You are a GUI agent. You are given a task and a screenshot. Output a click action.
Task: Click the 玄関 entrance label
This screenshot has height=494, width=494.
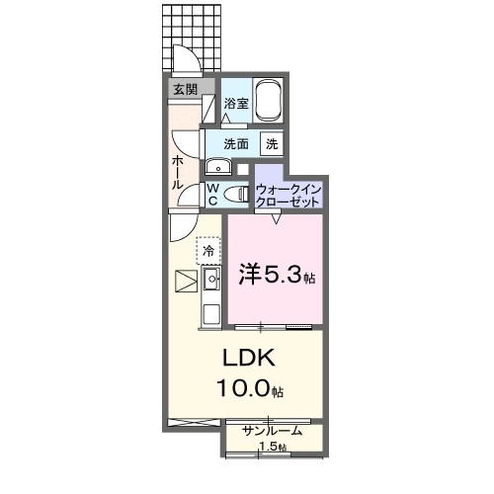point(185,89)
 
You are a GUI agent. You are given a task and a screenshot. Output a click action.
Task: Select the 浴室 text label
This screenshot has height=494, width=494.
point(234,104)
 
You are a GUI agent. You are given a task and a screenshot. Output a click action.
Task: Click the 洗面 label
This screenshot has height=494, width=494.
point(235,143)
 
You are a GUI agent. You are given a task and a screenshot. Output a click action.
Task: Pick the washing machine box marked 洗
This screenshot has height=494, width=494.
point(271,143)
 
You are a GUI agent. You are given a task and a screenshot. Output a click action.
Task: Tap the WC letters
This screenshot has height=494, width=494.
point(211,195)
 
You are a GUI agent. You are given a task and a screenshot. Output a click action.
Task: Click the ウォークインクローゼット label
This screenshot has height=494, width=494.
point(288,194)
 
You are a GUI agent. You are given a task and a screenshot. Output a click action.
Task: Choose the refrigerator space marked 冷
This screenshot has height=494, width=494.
point(208,251)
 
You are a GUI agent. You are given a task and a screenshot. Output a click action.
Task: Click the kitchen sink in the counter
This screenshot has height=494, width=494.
point(210,282)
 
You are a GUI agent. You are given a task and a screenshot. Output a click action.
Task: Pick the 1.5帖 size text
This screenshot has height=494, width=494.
point(274,448)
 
